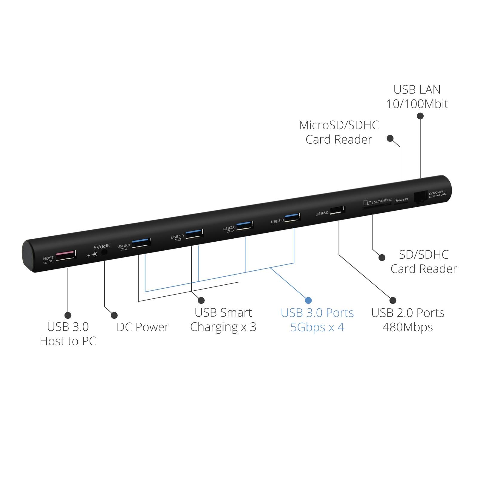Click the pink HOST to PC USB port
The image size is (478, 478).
coord(66,255)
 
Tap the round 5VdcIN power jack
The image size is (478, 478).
coord(104,252)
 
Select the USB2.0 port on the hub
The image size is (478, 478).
coord(338,210)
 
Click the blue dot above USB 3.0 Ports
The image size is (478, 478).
coord(308,300)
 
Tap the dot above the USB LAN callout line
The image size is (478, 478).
coord(420,116)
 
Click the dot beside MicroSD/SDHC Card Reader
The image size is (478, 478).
coord(390,138)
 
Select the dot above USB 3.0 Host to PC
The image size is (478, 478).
coord(68,315)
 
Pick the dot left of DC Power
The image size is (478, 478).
coord(114,315)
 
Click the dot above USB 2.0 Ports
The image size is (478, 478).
coord(393,300)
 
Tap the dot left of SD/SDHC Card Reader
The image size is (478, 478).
coord(382,257)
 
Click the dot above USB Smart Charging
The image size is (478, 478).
coord(201,300)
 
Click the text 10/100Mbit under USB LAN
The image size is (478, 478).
coord(417,104)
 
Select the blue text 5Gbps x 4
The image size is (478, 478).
coord(317,327)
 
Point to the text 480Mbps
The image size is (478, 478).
coord(408,327)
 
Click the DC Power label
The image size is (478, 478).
coord(143,327)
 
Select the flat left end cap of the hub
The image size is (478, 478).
coord(29,256)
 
